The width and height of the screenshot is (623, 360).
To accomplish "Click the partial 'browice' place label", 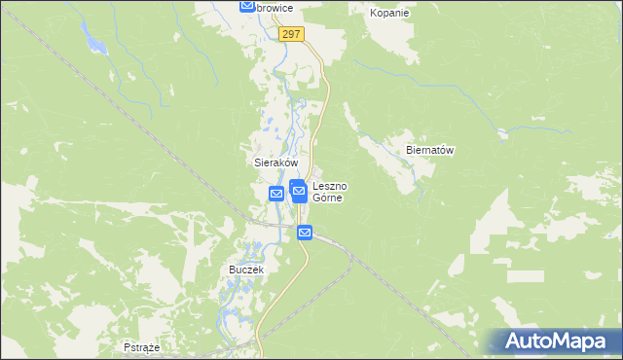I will point(275,8).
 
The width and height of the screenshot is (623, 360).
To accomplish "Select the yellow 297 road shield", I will point(291,34).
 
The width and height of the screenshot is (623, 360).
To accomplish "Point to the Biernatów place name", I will point(430,151).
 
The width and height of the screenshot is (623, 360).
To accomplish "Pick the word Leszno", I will point(330,185).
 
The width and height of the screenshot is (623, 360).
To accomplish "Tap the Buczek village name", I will point(246,269).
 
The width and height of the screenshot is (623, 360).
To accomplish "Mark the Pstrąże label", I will point(142,346).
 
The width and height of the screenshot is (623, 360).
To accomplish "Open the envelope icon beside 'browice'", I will point(247,7).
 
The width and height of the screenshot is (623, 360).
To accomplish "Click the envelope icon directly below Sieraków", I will point(276,194).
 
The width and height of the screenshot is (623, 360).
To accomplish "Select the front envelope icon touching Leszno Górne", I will point(300,193).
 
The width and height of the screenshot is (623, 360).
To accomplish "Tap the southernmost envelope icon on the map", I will point(305,233).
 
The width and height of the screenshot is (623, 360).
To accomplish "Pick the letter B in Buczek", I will point(232,269).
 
